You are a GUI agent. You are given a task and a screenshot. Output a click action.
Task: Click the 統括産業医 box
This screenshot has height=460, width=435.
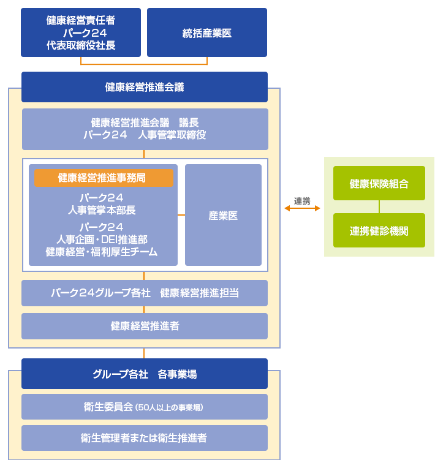[207, 32]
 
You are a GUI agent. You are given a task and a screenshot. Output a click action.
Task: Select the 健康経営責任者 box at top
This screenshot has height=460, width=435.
[81, 32]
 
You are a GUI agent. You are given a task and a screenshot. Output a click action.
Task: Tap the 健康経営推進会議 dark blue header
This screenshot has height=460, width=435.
[145, 87]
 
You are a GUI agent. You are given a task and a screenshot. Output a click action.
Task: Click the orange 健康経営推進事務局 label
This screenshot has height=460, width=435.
[104, 178]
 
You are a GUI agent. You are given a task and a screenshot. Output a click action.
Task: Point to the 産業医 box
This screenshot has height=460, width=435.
[223, 215]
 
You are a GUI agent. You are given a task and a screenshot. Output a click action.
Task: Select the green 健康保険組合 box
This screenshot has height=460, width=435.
[379, 183]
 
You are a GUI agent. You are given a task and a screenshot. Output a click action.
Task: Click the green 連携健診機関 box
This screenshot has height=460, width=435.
[379, 230]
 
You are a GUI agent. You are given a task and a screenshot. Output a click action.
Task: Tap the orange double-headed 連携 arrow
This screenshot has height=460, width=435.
[302, 208]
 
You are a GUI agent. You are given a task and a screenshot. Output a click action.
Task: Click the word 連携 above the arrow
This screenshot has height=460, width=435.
[302, 201]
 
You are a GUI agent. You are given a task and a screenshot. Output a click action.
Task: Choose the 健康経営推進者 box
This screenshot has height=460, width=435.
[145, 326]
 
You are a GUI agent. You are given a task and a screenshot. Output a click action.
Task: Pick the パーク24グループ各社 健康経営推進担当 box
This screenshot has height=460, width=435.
[145, 293]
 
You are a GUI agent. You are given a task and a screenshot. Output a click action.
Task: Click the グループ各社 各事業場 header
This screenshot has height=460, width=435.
[145, 374]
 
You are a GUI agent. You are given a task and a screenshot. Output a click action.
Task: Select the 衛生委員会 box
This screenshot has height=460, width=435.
[145, 407]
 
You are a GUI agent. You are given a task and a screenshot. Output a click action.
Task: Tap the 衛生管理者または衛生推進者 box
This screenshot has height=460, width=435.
[145, 438]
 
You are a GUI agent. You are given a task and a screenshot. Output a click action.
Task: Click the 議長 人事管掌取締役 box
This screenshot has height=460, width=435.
[145, 129]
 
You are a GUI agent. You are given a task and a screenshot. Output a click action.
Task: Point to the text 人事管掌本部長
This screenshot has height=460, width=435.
[102, 210]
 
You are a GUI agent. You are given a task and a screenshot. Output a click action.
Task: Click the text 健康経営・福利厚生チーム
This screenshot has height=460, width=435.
[102, 252]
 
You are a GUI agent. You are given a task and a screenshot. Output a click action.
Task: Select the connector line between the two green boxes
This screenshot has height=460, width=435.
[379, 207]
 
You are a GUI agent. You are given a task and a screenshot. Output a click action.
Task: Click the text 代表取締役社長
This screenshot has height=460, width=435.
[81, 45]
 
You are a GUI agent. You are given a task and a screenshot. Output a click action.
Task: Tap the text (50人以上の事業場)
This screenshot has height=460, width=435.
[169, 407]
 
